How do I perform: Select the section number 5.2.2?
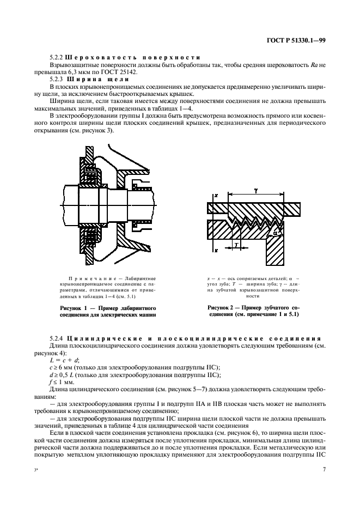[x=56, y=57]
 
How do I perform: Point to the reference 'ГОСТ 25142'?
[x=121, y=71]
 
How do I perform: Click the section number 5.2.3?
[x=56, y=79]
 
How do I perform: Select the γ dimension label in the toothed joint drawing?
[x=256, y=191]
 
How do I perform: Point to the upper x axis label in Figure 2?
[x=216, y=195]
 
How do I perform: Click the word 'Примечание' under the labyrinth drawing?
[x=89, y=278]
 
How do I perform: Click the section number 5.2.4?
[x=56, y=339]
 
